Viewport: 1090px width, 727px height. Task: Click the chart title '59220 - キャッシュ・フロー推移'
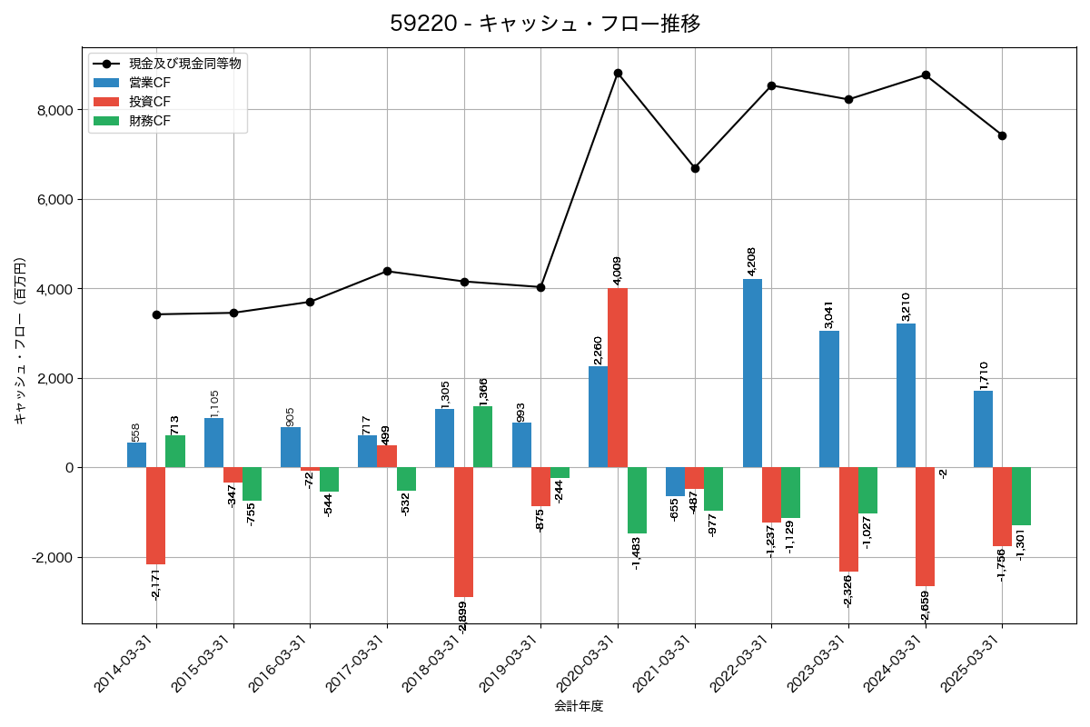point(545,24)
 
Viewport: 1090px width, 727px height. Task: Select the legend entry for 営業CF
point(149,83)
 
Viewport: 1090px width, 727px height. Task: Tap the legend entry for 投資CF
point(149,102)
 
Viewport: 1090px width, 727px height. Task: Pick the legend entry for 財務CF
point(149,121)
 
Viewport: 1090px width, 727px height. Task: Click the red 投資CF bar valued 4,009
point(618,378)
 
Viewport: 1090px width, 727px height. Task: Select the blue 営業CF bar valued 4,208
point(752,373)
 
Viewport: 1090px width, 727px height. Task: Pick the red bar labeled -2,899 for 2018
point(463,532)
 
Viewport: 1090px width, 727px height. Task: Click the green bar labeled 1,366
point(483,436)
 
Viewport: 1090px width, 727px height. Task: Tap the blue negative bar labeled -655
point(675,482)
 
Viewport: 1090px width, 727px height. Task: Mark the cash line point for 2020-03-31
point(618,73)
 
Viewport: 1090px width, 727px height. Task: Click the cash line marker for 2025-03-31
point(1002,135)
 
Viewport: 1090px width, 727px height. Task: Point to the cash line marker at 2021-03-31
point(695,168)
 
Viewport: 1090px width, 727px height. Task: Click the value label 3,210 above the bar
point(906,306)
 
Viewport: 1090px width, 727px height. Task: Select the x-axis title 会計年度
point(579,706)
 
